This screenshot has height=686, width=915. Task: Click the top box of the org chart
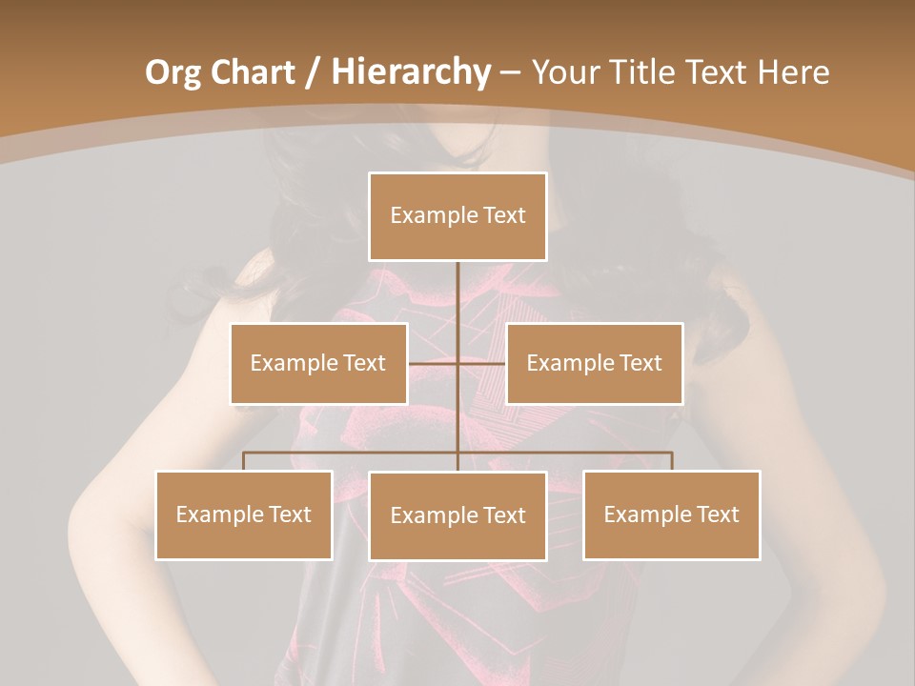coord(457,216)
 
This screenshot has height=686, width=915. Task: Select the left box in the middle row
coord(318,363)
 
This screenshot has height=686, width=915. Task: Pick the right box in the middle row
coord(594,363)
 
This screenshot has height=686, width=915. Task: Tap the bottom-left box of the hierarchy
coord(244,514)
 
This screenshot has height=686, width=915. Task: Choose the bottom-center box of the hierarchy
coord(457,515)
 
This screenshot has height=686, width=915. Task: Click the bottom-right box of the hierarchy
coord(671,514)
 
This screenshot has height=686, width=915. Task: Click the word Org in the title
coord(173,71)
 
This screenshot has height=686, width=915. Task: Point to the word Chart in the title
coord(251,71)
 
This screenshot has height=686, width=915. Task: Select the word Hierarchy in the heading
coord(410,71)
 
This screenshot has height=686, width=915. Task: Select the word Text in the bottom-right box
coord(718,514)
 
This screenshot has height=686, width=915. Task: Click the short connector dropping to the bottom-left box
coord(244,461)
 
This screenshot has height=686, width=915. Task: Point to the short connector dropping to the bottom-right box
coord(672,461)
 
